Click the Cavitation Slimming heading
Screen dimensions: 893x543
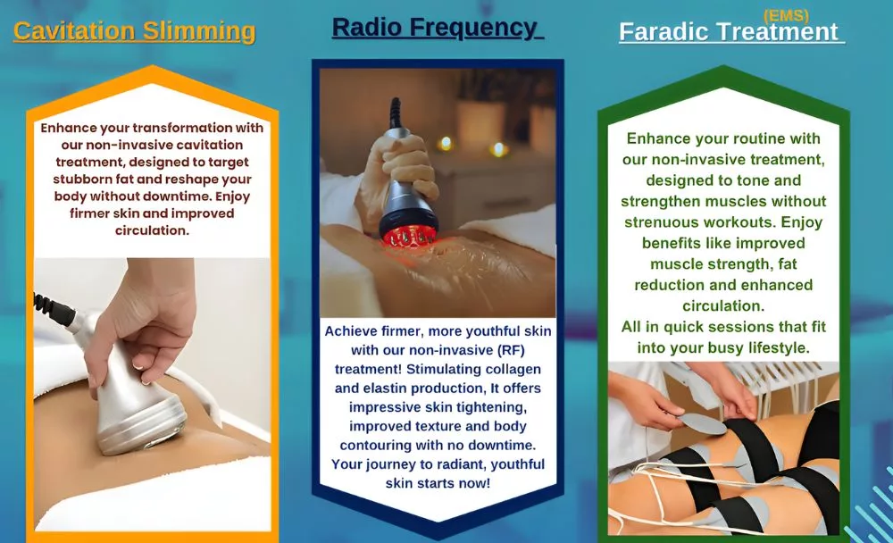pyautogui.click(x=135, y=30)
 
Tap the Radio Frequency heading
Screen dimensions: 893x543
pyautogui.click(x=436, y=28)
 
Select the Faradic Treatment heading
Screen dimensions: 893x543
pyautogui.click(x=729, y=32)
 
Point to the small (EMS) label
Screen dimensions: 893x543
pyautogui.click(x=786, y=16)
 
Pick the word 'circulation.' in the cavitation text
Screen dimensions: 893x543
pyautogui.click(x=152, y=230)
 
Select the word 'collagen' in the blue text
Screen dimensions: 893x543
pyautogui.click(x=513, y=369)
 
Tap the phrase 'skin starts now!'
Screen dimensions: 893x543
pyautogui.click(x=438, y=483)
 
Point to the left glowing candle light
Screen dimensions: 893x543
pyautogui.click(x=446, y=143)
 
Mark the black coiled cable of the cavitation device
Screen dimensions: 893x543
pyautogui.click(x=54, y=308)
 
